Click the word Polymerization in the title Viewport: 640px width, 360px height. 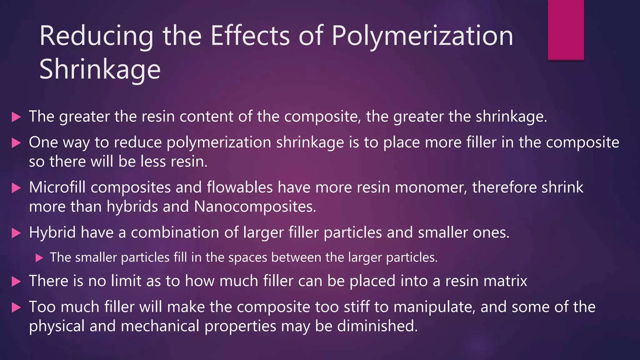[x=422, y=37]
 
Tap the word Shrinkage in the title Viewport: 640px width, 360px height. [x=100, y=70]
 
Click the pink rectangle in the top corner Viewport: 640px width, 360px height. [x=566, y=30]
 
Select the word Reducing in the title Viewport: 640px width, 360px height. [x=96, y=37]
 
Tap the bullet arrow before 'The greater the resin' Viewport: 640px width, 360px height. [x=16, y=117]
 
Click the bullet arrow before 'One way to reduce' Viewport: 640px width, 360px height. [x=16, y=143]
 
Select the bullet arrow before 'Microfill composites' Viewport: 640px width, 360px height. [x=16, y=188]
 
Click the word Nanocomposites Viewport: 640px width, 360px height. [x=255, y=207]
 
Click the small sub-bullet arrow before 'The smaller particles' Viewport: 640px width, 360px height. [x=39, y=258]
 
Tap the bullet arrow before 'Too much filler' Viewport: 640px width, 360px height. [x=16, y=307]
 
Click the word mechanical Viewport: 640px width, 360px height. [x=160, y=326]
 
